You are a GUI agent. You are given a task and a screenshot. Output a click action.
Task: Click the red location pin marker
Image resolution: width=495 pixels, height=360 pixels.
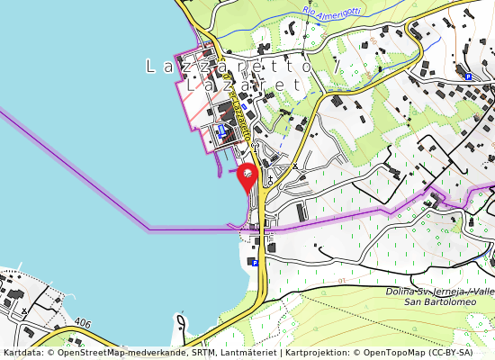[247, 176]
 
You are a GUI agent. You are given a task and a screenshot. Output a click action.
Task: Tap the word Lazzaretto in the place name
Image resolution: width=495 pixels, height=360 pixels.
[226, 67]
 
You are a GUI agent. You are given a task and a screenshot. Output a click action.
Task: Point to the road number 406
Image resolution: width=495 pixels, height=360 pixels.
[84, 321]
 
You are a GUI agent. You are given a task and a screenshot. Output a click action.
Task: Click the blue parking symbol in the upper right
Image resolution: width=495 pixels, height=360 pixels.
[468, 77]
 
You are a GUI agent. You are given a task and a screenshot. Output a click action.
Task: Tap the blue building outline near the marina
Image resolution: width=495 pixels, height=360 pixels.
[222, 130]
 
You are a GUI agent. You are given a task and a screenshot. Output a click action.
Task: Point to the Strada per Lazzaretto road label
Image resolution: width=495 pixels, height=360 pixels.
[239, 112]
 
